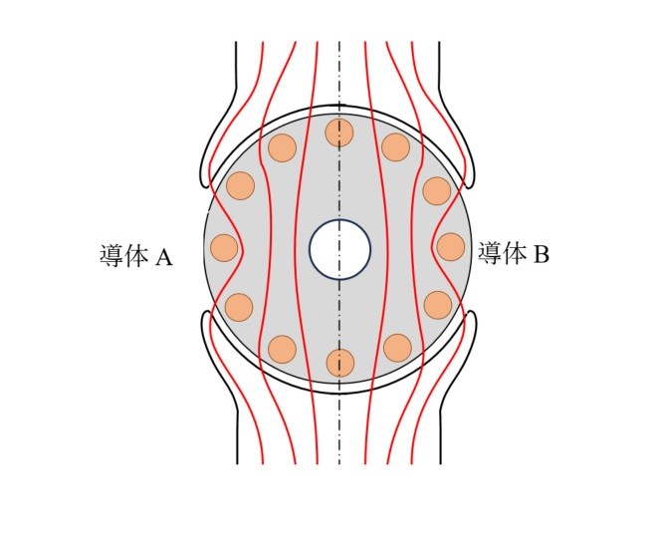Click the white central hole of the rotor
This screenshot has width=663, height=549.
(339, 250)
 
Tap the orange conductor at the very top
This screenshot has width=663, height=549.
(339, 133)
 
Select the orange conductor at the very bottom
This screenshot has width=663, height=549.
(339, 363)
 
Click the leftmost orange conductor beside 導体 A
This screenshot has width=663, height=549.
(224, 248)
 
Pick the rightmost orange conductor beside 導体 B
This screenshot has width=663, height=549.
(451, 247)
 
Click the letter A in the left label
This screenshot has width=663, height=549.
(164, 256)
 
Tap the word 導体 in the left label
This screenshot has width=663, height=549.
(123, 256)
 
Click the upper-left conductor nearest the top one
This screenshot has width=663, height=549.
(282, 147)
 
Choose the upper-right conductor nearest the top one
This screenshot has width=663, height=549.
(396, 146)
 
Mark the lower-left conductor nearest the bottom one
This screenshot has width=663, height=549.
(283, 350)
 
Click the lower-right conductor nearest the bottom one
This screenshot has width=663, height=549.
(397, 348)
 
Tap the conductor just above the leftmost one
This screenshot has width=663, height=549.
(241, 185)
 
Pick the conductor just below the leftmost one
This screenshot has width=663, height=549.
(239, 307)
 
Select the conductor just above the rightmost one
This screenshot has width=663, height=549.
(437, 191)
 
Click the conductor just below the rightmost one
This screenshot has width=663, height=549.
(438, 305)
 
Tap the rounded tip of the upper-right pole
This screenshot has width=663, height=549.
(469, 183)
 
